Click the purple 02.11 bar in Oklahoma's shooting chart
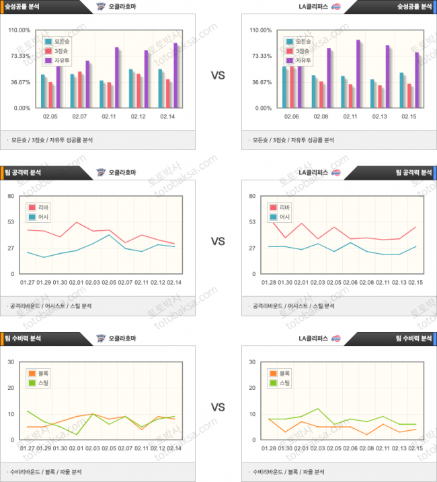pyautogui.click(x=116, y=77)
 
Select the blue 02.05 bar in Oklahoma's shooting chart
pyautogui.click(x=43, y=91)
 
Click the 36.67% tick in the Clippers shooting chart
pyautogui.click(x=262, y=82)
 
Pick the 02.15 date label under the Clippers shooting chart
pyautogui.click(x=409, y=116)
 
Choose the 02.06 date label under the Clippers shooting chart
pyautogui.click(x=292, y=116)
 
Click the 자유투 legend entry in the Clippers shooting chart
pyautogui.click(x=298, y=61)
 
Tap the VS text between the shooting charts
pyautogui.click(x=218, y=75)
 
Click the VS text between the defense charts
pyautogui.click(x=218, y=407)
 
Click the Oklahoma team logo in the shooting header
pyautogui.click(x=101, y=7)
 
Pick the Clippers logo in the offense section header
pyautogui.click(x=335, y=172)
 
